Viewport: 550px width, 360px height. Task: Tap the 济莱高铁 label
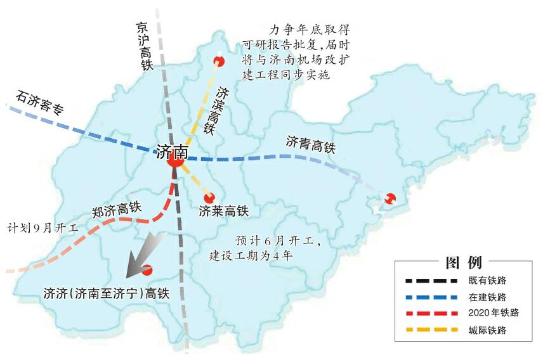tap(223, 211)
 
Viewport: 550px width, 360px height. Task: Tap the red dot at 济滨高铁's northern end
tap(219, 61)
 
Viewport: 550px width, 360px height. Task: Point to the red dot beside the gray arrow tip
tap(147, 270)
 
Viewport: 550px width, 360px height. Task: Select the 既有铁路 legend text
tap(487, 280)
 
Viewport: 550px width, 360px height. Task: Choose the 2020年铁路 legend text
tap(494, 313)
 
